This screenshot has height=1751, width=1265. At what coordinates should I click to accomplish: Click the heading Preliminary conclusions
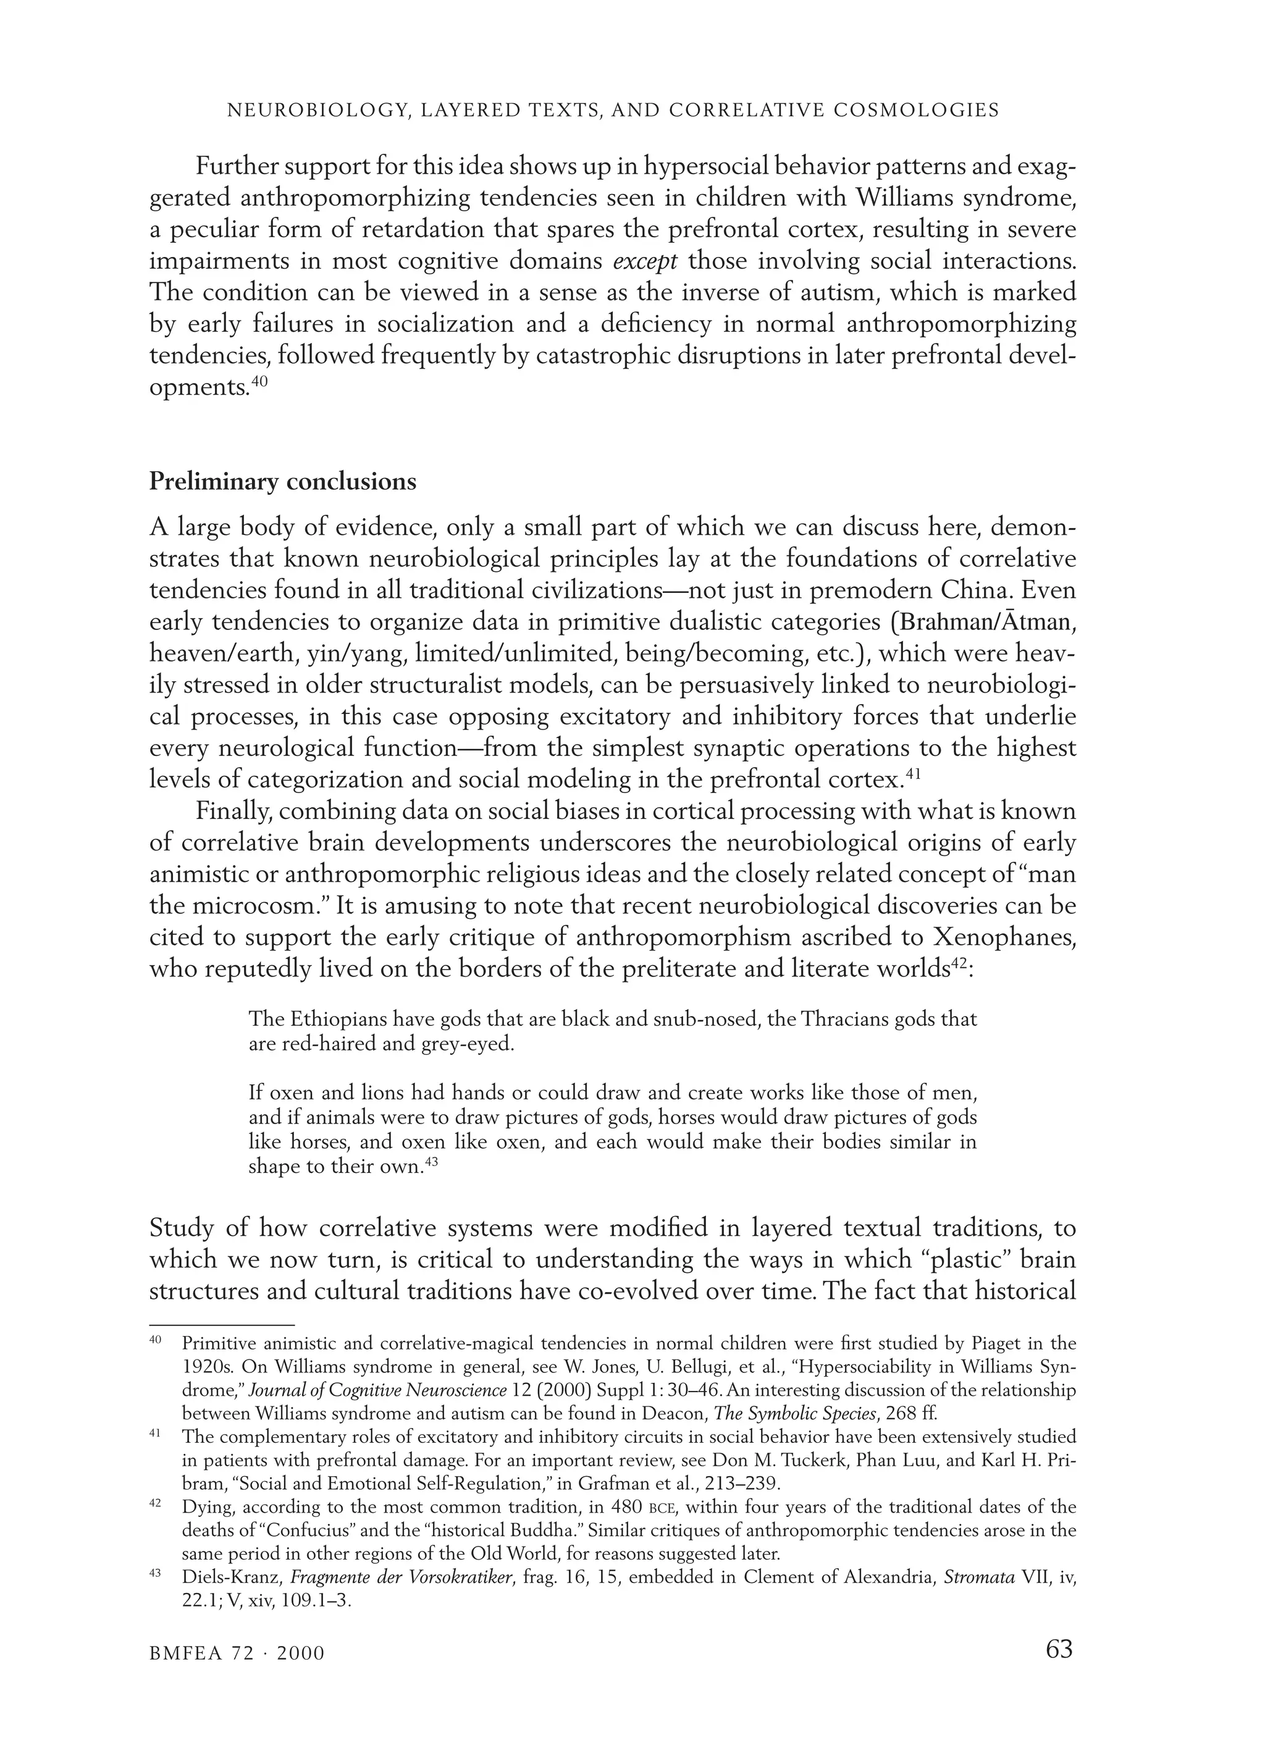283,482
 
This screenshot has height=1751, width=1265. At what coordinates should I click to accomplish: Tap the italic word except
645,261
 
